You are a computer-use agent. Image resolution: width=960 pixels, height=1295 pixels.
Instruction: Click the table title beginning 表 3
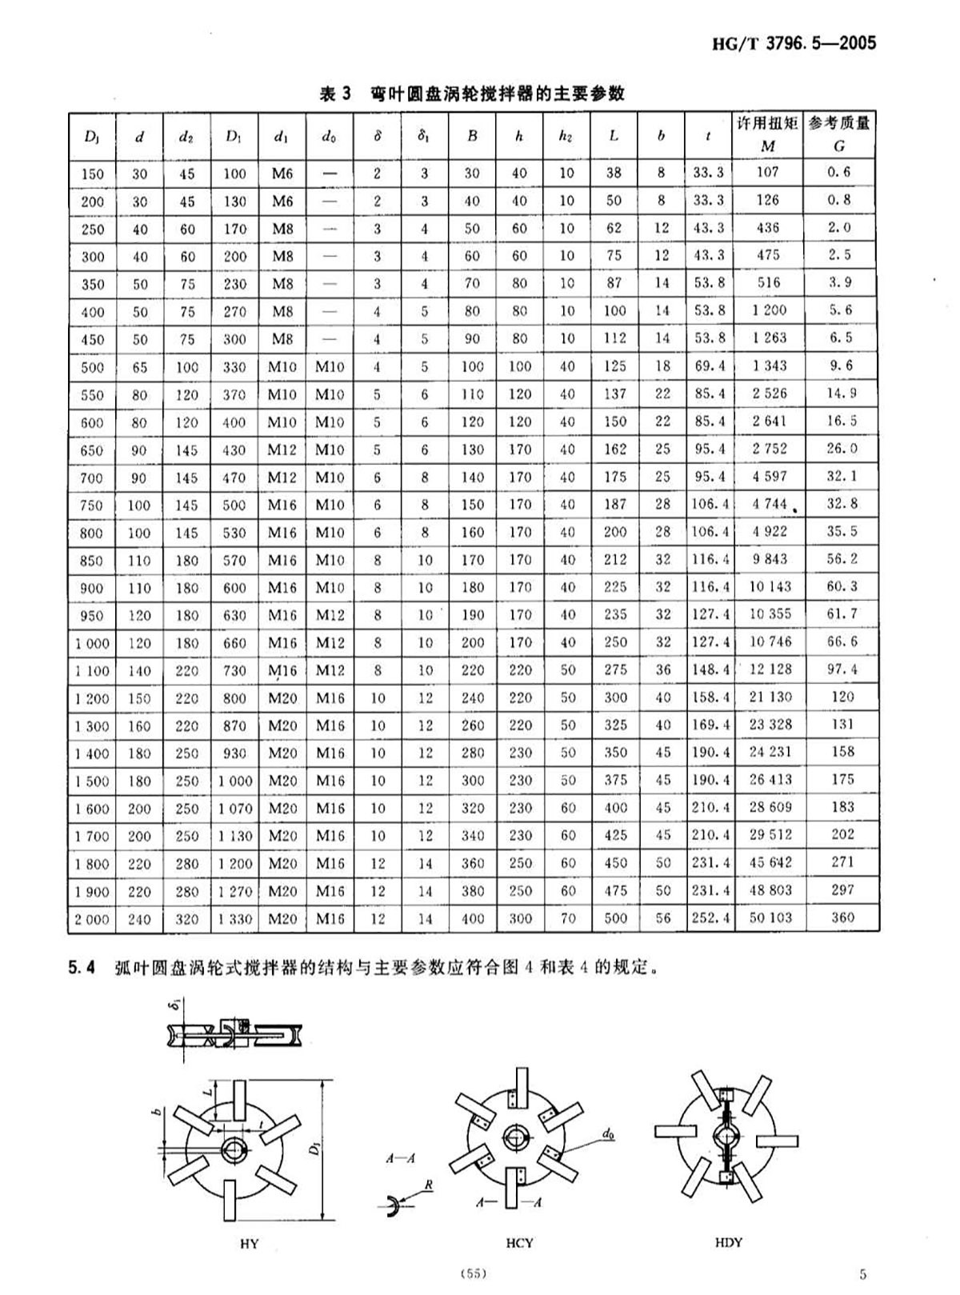pyautogui.click(x=472, y=94)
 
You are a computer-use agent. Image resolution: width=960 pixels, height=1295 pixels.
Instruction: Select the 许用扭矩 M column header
pyautogui.click(x=768, y=134)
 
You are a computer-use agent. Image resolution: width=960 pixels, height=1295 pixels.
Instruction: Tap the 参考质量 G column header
pyautogui.click(x=839, y=134)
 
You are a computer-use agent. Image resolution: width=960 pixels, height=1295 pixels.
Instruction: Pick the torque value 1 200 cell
pyautogui.click(x=768, y=310)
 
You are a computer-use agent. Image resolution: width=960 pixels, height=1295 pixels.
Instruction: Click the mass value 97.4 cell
pyautogui.click(x=842, y=669)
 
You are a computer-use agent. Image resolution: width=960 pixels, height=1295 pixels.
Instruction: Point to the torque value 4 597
pyautogui.click(x=769, y=477)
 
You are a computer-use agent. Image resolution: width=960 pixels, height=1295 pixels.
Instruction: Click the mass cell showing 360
pyautogui.click(x=842, y=917)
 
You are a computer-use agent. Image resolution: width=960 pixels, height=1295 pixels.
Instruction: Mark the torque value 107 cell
pyautogui.click(x=767, y=172)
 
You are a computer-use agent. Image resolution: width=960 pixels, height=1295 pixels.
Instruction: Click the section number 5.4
pyautogui.click(x=82, y=968)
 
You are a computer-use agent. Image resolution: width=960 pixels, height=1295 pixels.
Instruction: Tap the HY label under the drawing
pyautogui.click(x=250, y=1245)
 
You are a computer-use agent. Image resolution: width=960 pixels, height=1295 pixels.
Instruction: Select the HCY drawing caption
pyautogui.click(x=519, y=1243)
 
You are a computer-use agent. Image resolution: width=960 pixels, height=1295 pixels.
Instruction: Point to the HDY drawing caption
pyautogui.click(x=728, y=1242)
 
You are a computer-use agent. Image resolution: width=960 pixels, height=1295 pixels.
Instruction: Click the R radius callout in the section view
pyautogui.click(x=429, y=1185)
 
